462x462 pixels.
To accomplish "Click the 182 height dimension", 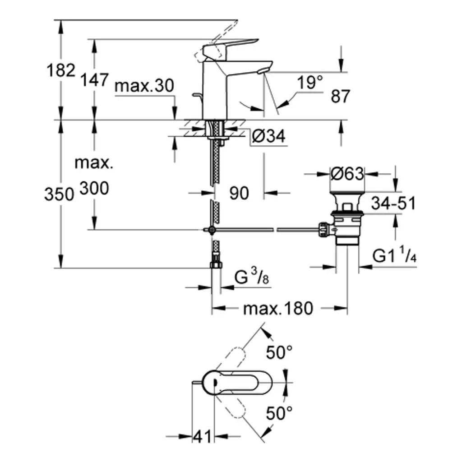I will point(61,71).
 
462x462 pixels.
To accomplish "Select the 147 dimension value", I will point(94,80).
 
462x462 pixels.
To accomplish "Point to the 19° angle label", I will point(310,83).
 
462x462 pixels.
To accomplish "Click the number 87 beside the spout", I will point(340,96).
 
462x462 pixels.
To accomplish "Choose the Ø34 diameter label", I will point(269,136).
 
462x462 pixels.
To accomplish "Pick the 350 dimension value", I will point(59,194).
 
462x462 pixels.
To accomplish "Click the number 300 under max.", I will point(94,188).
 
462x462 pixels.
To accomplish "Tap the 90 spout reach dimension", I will point(239,194).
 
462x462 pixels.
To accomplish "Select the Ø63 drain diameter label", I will point(347,174).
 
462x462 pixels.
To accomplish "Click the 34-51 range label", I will point(393,203).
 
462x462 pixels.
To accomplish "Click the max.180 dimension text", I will point(277,309).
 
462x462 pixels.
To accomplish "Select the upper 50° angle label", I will point(279,352).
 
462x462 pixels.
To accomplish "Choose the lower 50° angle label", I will point(279,412).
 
